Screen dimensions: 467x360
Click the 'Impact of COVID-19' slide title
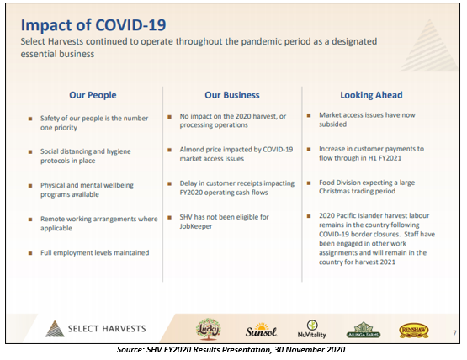(93, 25)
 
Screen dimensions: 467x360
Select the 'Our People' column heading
(93, 95)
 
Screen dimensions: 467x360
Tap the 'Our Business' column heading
(232, 95)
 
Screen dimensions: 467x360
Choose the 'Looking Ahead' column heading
(371, 95)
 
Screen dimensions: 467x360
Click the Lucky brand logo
(209, 329)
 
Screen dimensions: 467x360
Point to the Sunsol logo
(261, 330)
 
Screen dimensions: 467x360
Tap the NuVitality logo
(312, 329)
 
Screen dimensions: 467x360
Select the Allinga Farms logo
(364, 330)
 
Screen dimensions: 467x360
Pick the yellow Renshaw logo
(414, 331)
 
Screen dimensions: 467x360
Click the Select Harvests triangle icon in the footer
(55, 329)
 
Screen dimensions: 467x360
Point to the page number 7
(454, 333)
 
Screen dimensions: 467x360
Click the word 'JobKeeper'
(196, 226)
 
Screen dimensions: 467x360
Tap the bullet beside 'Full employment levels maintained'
(30, 253)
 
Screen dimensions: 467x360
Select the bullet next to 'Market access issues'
(309, 115)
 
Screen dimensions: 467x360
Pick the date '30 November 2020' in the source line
(310, 349)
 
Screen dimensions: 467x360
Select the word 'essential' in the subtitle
(36, 54)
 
